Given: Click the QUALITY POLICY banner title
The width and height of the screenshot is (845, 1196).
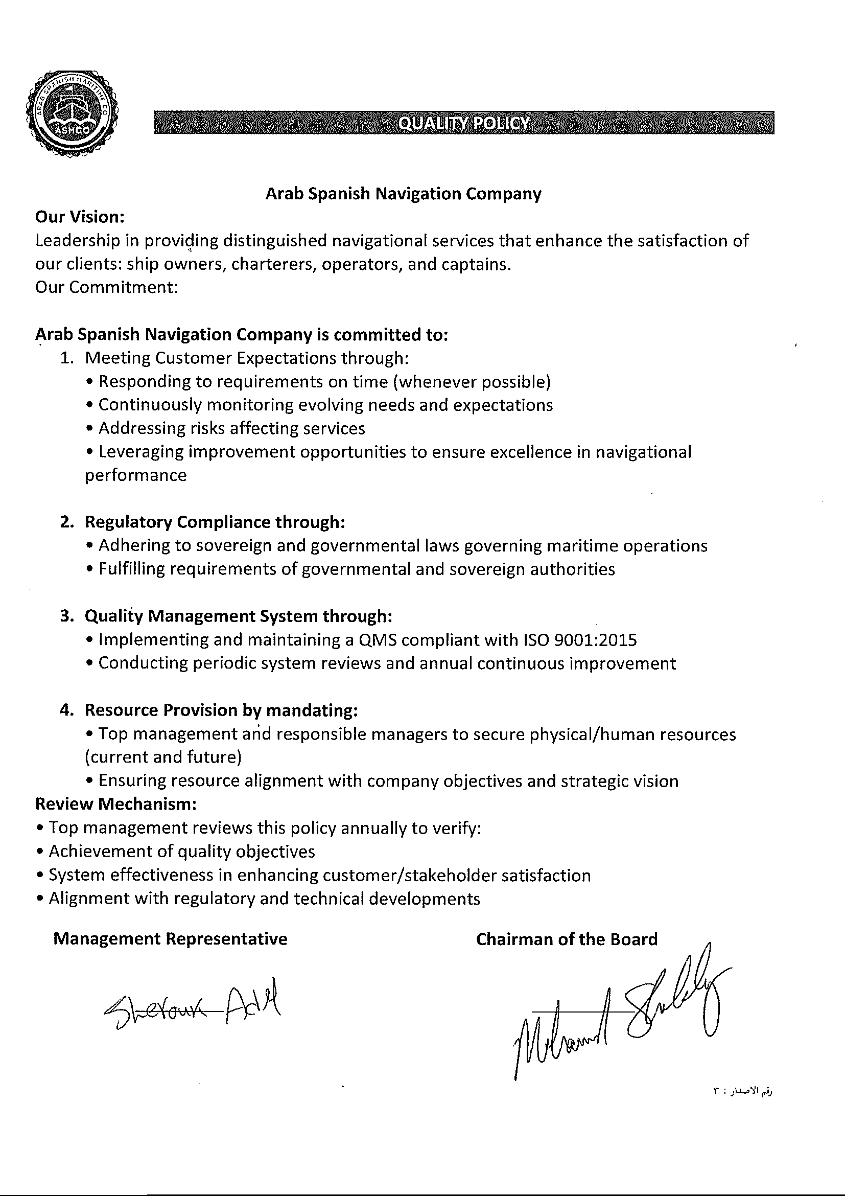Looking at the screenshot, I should click(x=463, y=123).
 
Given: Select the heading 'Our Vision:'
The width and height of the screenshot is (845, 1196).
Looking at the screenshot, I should click(x=80, y=217).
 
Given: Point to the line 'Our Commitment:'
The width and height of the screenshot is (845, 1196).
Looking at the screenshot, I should click(x=107, y=287).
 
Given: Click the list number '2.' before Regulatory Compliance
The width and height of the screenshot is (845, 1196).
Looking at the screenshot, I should click(x=67, y=522).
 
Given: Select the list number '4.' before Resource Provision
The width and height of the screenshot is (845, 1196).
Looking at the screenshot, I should click(x=67, y=710).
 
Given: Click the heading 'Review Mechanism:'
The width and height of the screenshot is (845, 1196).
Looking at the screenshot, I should click(x=115, y=804).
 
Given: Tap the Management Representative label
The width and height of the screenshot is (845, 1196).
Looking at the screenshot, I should click(x=170, y=939).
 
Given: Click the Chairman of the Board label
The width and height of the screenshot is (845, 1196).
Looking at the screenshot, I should click(x=567, y=939).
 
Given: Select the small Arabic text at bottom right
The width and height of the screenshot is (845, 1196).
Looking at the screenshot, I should click(x=742, y=1091).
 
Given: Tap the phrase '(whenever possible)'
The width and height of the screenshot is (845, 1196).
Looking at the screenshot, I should click(x=472, y=382).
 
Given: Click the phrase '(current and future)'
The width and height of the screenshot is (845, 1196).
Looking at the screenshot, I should click(x=163, y=757).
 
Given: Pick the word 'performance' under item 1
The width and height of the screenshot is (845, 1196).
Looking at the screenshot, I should click(x=135, y=475).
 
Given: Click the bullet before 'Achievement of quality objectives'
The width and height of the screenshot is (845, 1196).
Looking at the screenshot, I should click(x=40, y=852).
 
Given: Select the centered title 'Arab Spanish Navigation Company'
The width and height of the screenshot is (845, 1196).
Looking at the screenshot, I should click(x=403, y=194).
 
